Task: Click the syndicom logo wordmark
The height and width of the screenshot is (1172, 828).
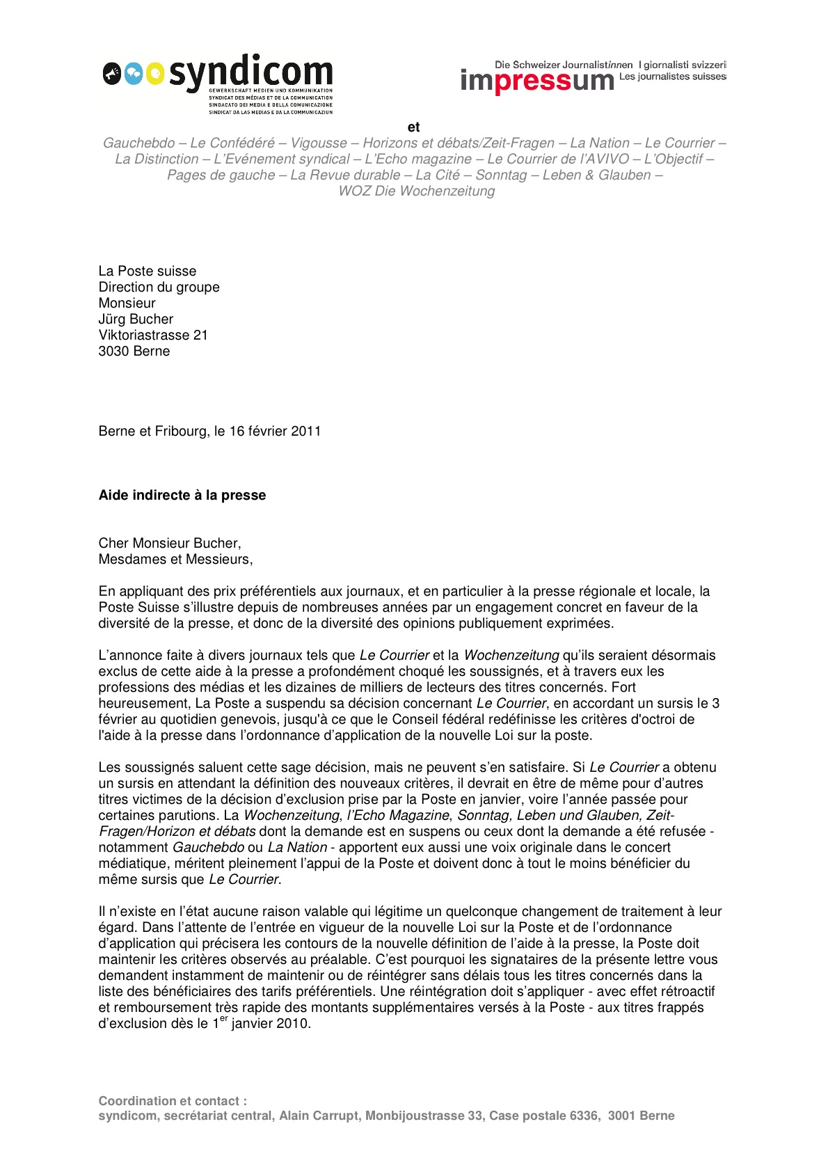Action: click(x=250, y=73)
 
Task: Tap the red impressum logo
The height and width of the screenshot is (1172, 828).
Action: click(x=537, y=81)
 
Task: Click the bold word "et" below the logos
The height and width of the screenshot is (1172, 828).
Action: click(x=414, y=127)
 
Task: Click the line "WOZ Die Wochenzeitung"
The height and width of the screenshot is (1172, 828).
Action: click(x=416, y=191)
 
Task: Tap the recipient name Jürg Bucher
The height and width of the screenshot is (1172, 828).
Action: click(x=136, y=319)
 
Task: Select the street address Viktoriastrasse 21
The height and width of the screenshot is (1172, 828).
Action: click(x=153, y=335)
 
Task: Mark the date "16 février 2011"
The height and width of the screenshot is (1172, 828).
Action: click(x=275, y=431)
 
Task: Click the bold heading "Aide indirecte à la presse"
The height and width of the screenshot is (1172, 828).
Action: click(x=182, y=495)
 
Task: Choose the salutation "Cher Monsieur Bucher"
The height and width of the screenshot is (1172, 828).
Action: click(x=169, y=543)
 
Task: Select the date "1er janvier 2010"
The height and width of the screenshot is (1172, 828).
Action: click(x=261, y=1023)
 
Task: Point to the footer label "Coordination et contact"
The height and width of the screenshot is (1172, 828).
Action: click(x=173, y=1100)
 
